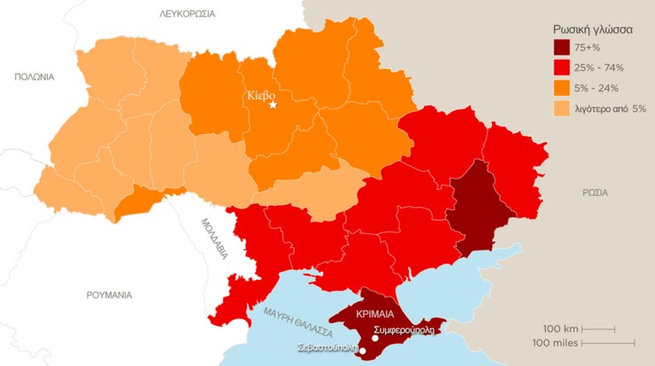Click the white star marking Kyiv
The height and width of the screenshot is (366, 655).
click(x=273, y=105)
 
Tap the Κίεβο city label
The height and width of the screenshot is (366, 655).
click(x=260, y=95)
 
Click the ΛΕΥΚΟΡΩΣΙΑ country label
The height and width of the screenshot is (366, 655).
click(x=187, y=14)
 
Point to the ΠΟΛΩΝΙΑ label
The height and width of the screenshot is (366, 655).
click(x=34, y=77)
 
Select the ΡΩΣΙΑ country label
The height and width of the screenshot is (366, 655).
click(x=595, y=192)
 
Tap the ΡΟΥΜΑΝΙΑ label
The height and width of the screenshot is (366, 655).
click(x=109, y=295)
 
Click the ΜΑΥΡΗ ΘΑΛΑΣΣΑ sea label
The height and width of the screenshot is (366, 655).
click(x=297, y=324)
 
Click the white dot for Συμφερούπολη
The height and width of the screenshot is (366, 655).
click(x=376, y=338)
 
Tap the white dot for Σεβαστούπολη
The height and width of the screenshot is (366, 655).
click(x=362, y=350)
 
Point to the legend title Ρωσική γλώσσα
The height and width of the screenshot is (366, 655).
click(x=593, y=28)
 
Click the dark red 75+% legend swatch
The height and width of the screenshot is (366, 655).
click(x=562, y=48)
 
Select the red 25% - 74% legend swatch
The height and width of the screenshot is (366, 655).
click(x=562, y=68)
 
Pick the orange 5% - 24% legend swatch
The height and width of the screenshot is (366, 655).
click(x=562, y=88)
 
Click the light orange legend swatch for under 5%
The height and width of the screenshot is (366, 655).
click(x=562, y=109)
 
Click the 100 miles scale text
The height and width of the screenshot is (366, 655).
click(x=555, y=343)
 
